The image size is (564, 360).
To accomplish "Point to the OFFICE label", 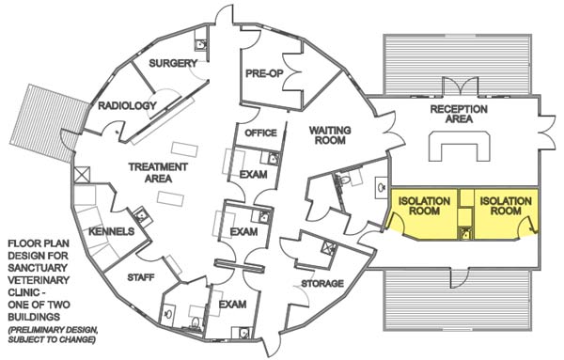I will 260,133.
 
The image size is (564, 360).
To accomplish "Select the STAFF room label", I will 141,277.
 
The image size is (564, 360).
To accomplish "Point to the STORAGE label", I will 322,283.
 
